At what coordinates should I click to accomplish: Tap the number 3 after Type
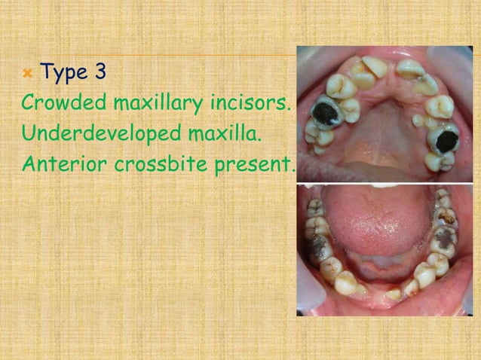pos(100,72)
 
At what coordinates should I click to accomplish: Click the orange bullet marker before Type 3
pos(27,74)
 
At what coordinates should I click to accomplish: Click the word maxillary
pos(158,103)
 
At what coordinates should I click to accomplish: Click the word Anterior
pos(57,163)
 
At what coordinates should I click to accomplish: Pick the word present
pos(251,164)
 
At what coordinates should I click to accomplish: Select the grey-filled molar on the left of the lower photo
pos(320,248)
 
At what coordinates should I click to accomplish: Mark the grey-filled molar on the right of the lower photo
pos(446,239)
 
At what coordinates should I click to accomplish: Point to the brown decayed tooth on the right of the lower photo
pos(446,217)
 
